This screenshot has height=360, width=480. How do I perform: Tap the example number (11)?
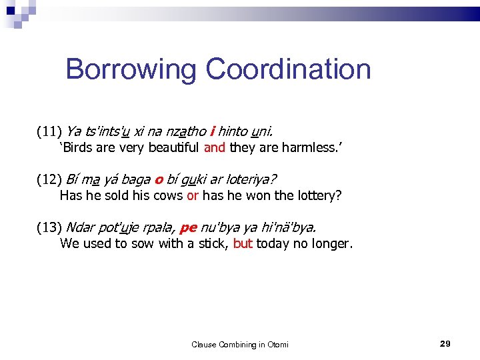tap(49, 131)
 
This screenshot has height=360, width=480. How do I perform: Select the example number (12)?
tap(49, 179)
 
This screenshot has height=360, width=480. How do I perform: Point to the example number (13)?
tap(49, 227)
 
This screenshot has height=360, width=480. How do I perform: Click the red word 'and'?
tap(215, 147)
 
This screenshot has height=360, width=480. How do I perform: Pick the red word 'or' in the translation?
tap(193, 195)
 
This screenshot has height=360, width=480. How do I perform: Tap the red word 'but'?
tap(243, 243)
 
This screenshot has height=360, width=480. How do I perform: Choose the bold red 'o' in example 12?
tap(159, 179)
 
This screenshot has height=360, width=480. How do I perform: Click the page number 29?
tap(445, 343)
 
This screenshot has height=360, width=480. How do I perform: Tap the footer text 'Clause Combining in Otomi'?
tap(240, 345)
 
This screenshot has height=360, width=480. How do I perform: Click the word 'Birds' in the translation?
tap(77, 147)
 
